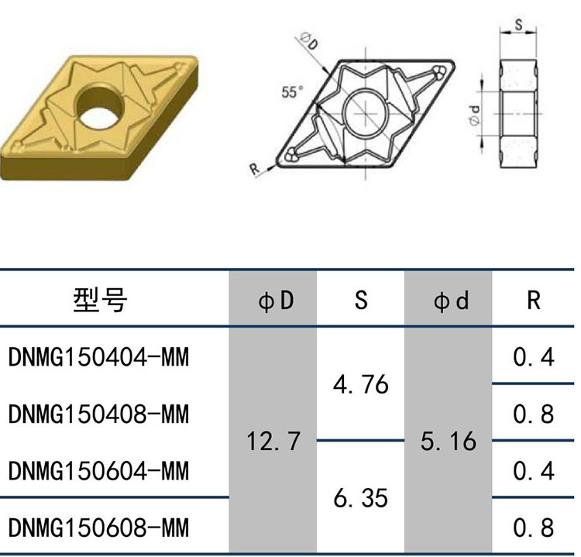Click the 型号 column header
100,300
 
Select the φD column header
276,301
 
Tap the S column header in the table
361,300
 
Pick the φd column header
451,301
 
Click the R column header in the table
534,300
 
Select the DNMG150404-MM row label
98,357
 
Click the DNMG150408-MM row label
98,414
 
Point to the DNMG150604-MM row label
98,471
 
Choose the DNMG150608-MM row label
98,528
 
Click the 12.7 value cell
273,441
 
